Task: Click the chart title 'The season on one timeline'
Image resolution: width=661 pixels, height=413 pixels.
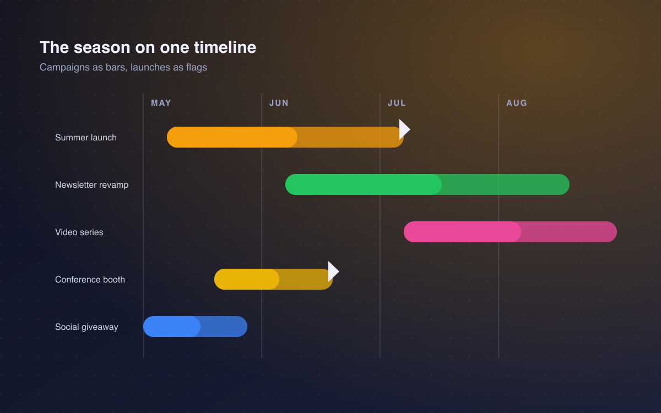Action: (148, 47)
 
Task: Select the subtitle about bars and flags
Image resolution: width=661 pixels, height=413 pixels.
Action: (123, 68)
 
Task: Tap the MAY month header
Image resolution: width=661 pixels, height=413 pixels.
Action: (161, 103)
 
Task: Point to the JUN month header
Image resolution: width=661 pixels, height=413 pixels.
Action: (279, 103)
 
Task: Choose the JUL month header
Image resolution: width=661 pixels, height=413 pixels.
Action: (397, 103)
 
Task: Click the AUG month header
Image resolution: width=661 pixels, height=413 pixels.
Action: (517, 103)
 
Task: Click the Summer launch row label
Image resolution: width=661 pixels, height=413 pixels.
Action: (86, 138)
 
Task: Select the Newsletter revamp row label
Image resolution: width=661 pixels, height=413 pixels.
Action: (92, 185)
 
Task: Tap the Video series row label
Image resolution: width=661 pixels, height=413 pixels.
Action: (79, 232)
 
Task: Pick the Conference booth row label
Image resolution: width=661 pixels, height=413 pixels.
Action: (90, 280)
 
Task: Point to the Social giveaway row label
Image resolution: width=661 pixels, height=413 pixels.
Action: (86, 327)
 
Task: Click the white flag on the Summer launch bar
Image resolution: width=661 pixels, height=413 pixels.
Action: (404, 129)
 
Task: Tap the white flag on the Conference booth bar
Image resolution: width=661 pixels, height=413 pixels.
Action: (333, 271)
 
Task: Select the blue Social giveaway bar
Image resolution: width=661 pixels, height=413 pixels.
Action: (195, 327)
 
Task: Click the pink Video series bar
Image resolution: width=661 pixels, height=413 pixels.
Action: (510, 232)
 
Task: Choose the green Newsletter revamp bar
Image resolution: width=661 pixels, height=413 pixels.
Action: (427, 184)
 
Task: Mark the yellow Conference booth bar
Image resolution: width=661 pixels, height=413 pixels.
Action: (273, 279)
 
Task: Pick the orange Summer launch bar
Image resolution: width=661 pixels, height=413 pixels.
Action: (285, 137)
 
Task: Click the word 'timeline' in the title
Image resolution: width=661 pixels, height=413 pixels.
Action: (225, 47)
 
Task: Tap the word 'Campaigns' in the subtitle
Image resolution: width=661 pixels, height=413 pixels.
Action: (65, 68)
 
